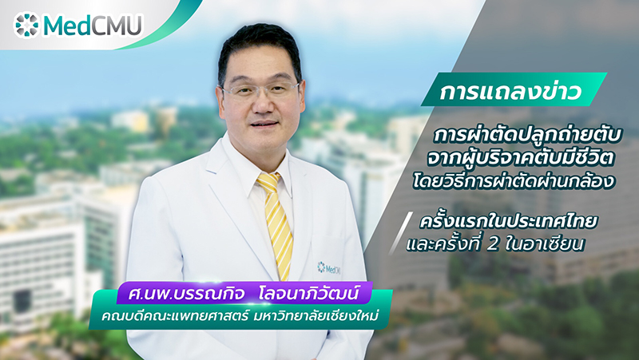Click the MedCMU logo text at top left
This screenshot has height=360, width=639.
tap(93, 26)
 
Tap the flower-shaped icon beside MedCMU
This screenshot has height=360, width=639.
tap(27, 26)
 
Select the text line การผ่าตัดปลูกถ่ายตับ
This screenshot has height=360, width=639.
tap(528, 135)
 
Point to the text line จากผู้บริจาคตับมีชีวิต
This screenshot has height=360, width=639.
tap(521, 159)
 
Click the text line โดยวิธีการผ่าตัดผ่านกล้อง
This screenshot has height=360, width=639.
tap(514, 182)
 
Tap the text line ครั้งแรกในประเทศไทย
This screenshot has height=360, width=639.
tap(509, 221)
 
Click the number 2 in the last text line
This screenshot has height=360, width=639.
tap(494, 244)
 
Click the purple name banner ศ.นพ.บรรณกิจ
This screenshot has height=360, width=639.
tap(244, 293)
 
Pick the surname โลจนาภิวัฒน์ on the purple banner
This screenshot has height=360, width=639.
tap(309, 293)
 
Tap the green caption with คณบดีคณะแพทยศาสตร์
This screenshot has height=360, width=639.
tap(240, 315)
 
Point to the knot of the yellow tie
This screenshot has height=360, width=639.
tap(269, 182)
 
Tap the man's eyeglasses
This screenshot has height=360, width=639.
tap(260, 90)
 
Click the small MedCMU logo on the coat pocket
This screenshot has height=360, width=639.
tap(328, 267)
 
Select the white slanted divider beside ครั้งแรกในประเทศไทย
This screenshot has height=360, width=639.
tap(400, 233)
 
